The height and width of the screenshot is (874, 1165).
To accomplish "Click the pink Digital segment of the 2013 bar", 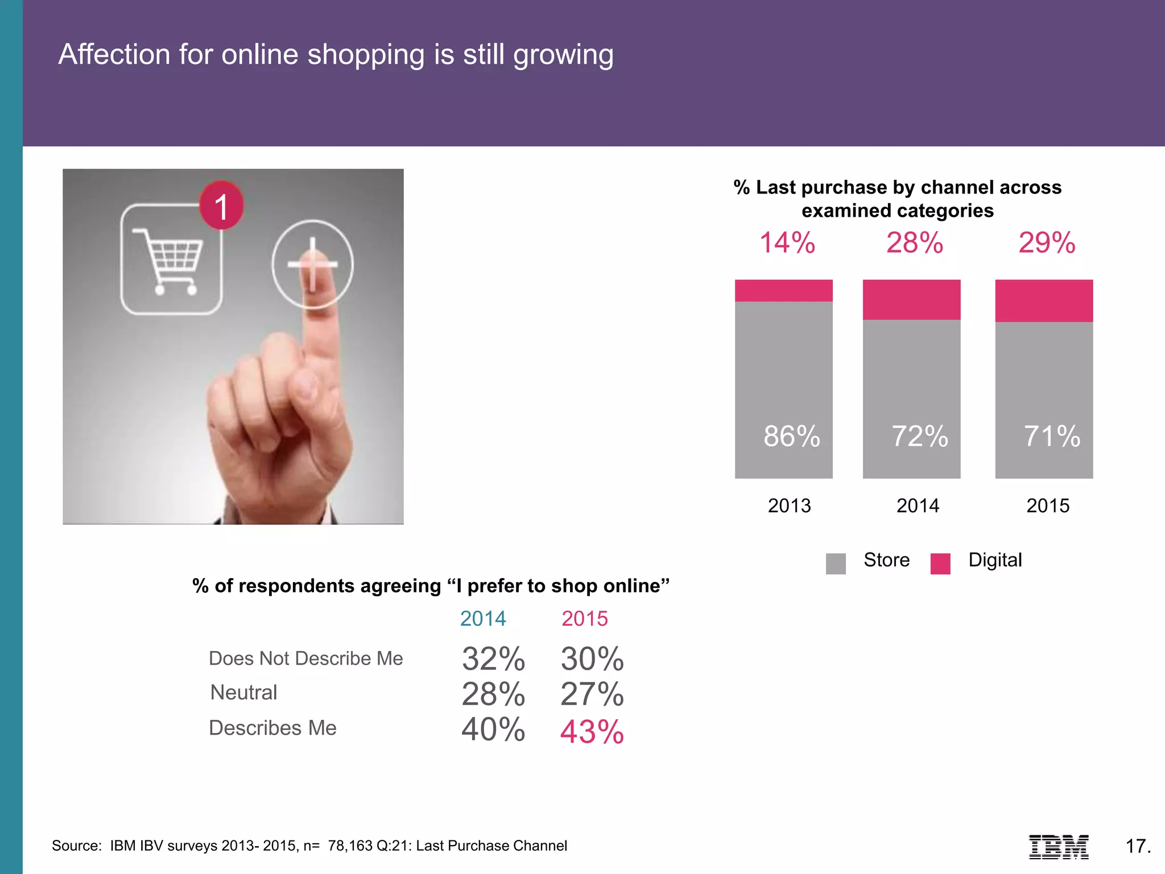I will click(783, 290).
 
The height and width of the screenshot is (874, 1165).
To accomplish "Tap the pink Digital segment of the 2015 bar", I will click(1044, 300).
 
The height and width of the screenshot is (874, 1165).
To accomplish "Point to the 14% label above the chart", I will click(787, 243).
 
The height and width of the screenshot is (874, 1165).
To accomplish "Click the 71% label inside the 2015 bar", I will click(1052, 436).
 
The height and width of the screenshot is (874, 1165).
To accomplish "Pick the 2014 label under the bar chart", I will click(918, 505).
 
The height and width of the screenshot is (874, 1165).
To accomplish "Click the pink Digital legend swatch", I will click(940, 563).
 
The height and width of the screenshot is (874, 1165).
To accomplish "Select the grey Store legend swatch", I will click(836, 563).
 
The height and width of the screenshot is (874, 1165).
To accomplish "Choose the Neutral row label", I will click(243, 692).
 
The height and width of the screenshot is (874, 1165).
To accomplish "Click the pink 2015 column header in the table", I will click(585, 619).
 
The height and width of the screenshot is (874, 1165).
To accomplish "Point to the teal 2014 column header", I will click(483, 619).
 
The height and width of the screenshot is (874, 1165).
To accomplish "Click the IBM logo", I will click(1059, 846).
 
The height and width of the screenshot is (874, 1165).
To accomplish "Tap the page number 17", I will click(1138, 846).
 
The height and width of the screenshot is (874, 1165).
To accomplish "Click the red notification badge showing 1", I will click(221, 205).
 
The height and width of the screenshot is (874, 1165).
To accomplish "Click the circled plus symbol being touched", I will click(312, 264).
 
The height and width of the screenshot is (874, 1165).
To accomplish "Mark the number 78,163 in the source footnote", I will click(350, 846).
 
